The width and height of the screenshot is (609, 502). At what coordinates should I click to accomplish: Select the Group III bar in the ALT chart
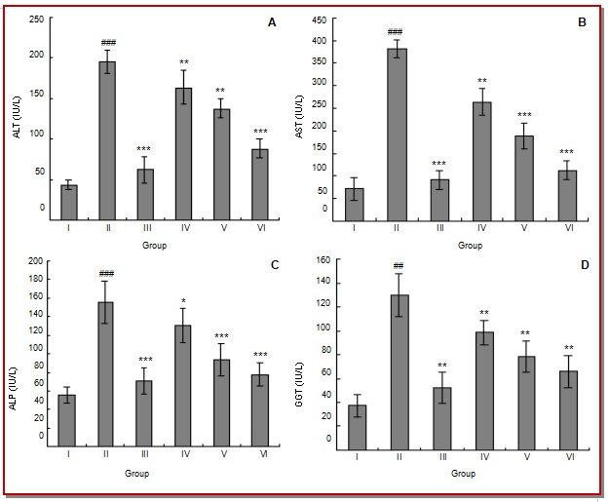click(145, 192)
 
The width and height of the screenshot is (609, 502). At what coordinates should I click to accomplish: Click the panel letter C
click(275, 265)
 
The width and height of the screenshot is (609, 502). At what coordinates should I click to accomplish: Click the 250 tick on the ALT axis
click(36, 19)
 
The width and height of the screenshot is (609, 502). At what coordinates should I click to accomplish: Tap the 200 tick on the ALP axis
click(36, 261)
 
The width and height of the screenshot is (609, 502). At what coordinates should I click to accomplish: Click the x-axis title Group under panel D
click(463, 474)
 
